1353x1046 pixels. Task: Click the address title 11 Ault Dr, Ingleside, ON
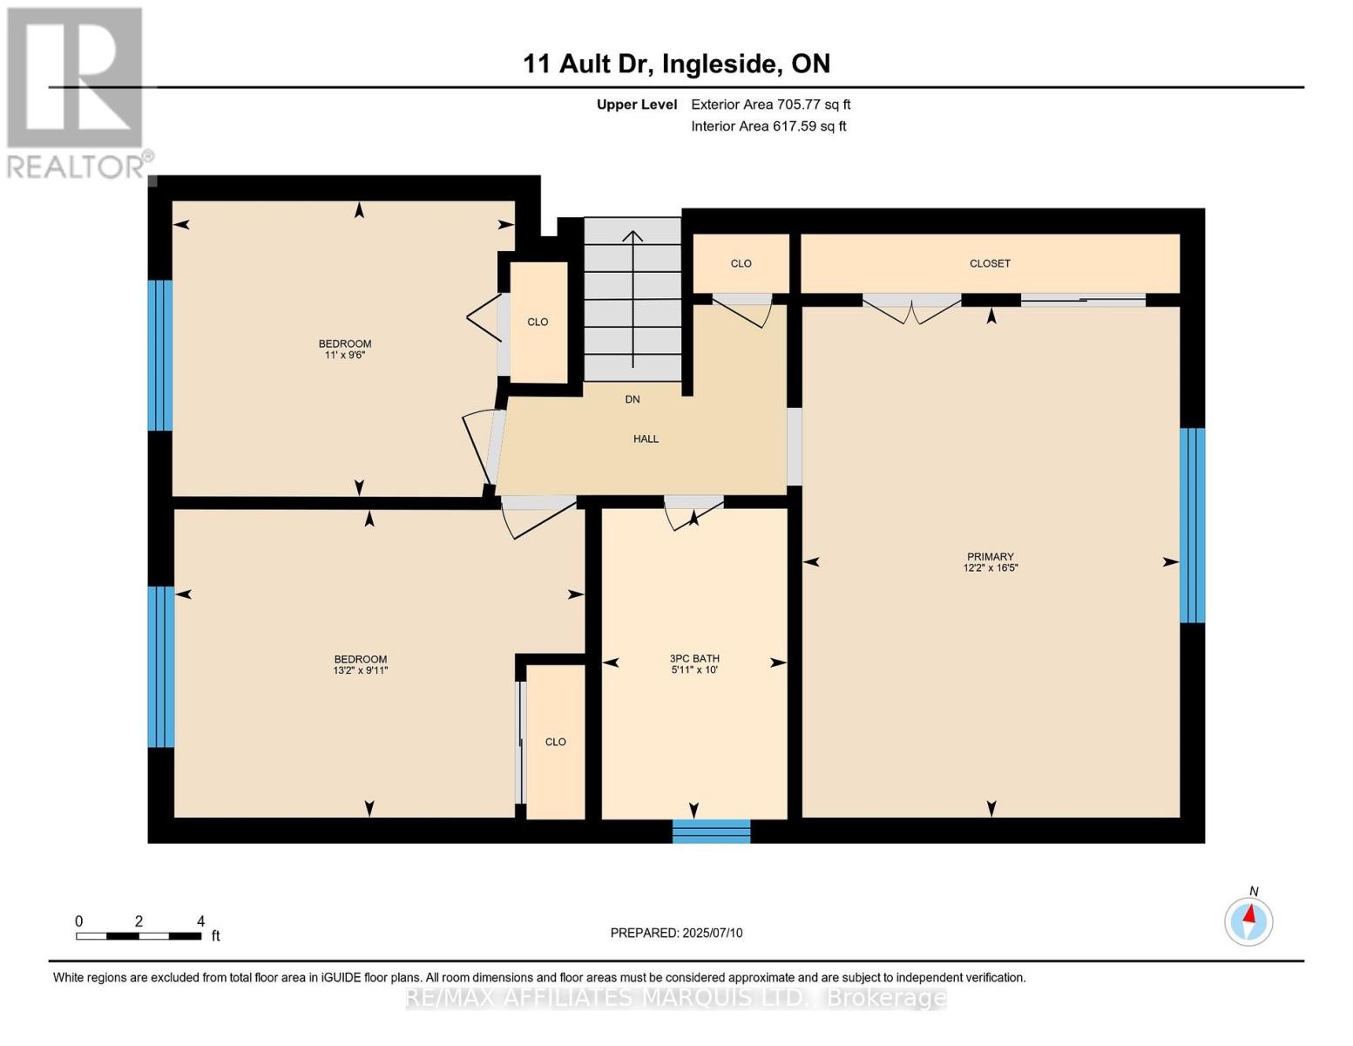pyautogui.click(x=676, y=64)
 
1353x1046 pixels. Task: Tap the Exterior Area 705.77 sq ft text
pyautogui.click(x=770, y=105)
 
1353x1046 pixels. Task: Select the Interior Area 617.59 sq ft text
pyautogui.click(x=768, y=126)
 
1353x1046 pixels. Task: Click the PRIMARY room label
pyautogui.click(x=990, y=557)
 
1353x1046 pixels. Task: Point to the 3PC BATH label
pyautogui.click(x=694, y=659)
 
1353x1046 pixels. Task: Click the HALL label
pyautogui.click(x=646, y=439)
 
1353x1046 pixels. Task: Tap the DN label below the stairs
pyautogui.click(x=633, y=399)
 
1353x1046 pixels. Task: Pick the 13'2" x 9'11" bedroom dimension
pyautogui.click(x=361, y=670)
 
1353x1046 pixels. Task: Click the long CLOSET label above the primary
pyautogui.click(x=990, y=263)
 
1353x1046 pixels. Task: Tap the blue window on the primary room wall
pyautogui.click(x=1192, y=525)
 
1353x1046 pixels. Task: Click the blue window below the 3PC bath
pyautogui.click(x=711, y=831)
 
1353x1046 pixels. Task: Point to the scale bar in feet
pyautogui.click(x=139, y=936)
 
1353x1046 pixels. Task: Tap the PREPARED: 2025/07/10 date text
pyautogui.click(x=676, y=933)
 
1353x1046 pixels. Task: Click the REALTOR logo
pyautogui.click(x=77, y=92)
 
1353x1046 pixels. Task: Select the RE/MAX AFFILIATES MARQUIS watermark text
pyautogui.click(x=676, y=997)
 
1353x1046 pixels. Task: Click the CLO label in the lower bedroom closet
pyautogui.click(x=555, y=742)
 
